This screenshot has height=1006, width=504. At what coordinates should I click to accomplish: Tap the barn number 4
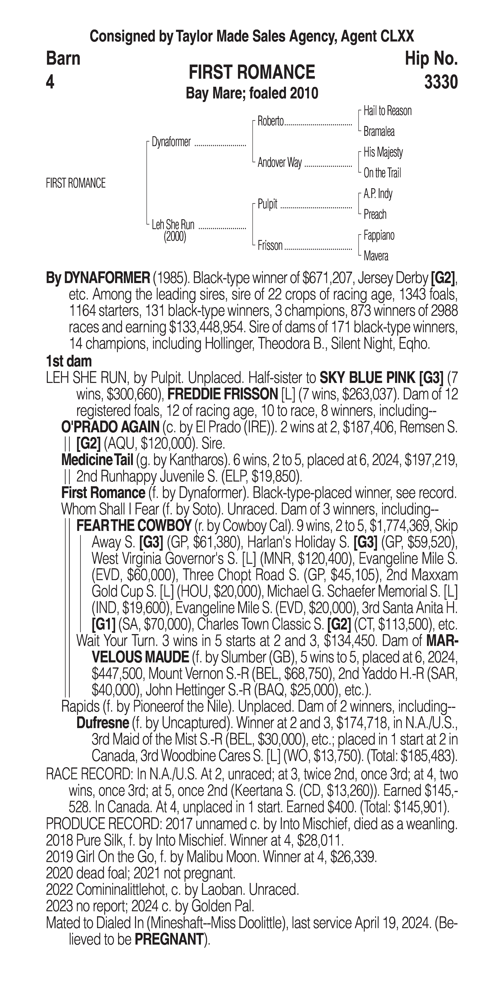tap(50, 82)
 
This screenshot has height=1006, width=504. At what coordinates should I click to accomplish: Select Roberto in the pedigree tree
tap(270, 121)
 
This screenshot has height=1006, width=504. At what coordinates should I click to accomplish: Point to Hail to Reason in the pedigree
tap(387, 111)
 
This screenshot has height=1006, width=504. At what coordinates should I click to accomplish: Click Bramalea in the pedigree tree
tap(379, 132)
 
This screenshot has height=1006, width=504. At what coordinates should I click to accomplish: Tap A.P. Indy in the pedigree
tap(378, 194)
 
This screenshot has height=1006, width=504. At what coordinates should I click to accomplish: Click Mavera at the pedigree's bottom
tap(375, 256)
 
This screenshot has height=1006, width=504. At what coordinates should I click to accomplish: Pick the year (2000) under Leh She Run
tap(175, 237)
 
